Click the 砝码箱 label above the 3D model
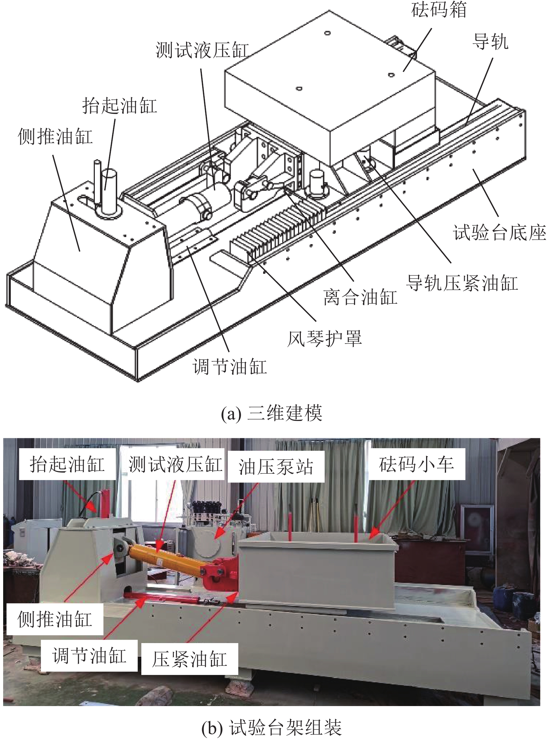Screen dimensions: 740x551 (x=439, y=10)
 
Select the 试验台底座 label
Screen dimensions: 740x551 (x=499, y=233)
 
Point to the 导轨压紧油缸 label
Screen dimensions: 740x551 (x=462, y=283)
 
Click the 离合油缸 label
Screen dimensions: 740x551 (x=360, y=297)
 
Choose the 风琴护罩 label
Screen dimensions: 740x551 (x=324, y=338)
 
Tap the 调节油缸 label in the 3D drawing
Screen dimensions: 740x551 (x=229, y=367)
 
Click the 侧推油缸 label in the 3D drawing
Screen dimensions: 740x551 (x=55, y=136)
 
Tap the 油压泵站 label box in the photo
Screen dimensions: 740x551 (x=276, y=467)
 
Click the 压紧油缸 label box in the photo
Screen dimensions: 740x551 (x=189, y=659)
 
